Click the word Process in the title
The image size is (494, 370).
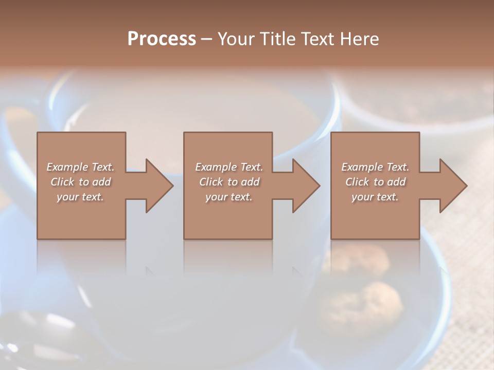point(162,39)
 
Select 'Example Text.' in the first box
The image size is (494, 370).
point(80,167)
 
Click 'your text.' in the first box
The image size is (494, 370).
point(80,197)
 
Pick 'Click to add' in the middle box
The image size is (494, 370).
point(229,182)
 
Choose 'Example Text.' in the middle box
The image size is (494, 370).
point(229,167)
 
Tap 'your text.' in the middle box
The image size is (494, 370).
point(229,197)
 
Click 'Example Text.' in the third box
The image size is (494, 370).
point(375,167)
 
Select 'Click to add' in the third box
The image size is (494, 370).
point(375,182)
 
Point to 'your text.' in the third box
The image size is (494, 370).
point(375,197)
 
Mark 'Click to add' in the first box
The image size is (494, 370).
point(80,182)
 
